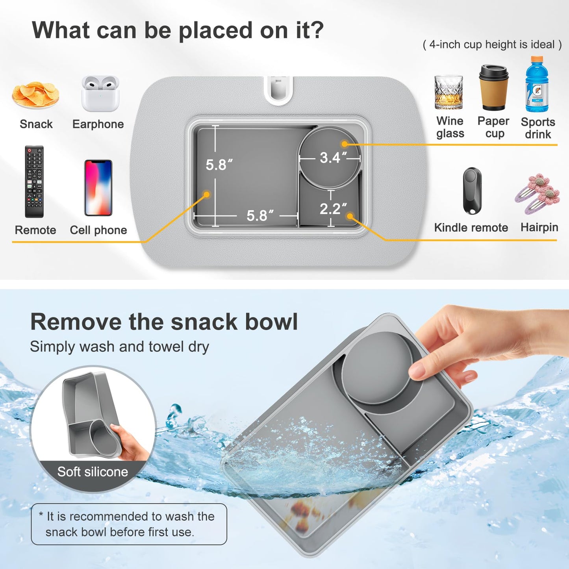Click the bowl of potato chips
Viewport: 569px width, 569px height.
(x=35, y=95)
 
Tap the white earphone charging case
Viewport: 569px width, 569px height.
(x=100, y=94)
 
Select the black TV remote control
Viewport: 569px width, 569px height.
(x=34, y=182)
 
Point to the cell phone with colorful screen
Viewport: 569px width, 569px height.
(x=98, y=188)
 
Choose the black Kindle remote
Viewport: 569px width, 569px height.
(x=472, y=191)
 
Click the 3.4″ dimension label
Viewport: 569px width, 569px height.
(x=333, y=158)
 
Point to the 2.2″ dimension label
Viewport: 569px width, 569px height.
(x=333, y=209)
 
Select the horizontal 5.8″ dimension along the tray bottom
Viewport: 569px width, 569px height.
(x=259, y=216)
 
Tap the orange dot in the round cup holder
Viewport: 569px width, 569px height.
(x=345, y=144)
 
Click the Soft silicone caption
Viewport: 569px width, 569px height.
(x=93, y=472)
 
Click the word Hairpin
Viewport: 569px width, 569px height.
(x=539, y=227)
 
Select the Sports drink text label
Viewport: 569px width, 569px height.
(x=538, y=128)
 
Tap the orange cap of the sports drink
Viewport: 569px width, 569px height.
(x=536, y=60)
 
